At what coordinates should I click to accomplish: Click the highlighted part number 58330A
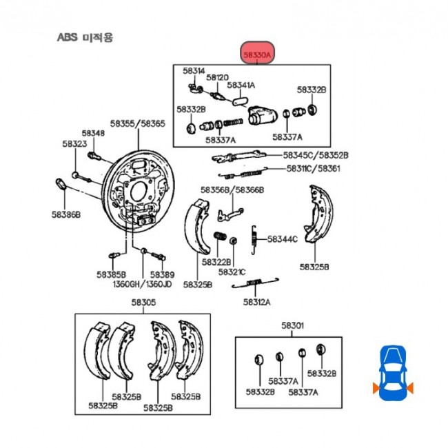coord(258,52)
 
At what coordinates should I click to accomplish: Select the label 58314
coord(194,71)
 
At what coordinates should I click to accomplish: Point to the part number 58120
coord(217,77)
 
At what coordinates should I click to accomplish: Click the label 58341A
coord(241,85)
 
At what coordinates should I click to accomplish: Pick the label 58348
coord(93,133)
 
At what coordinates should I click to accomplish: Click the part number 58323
coord(74,144)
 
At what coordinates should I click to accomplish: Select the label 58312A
coord(256,301)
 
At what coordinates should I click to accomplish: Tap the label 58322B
coord(216,263)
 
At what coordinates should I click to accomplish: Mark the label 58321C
coord(232,272)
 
